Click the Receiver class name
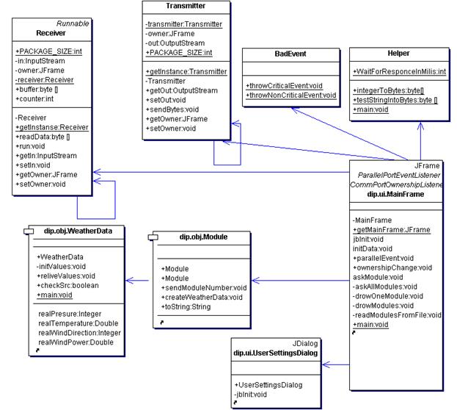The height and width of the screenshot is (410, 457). [x=52, y=33]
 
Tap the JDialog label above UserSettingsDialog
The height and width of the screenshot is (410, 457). [x=308, y=342]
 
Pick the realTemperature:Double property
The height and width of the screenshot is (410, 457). [x=76, y=323]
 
